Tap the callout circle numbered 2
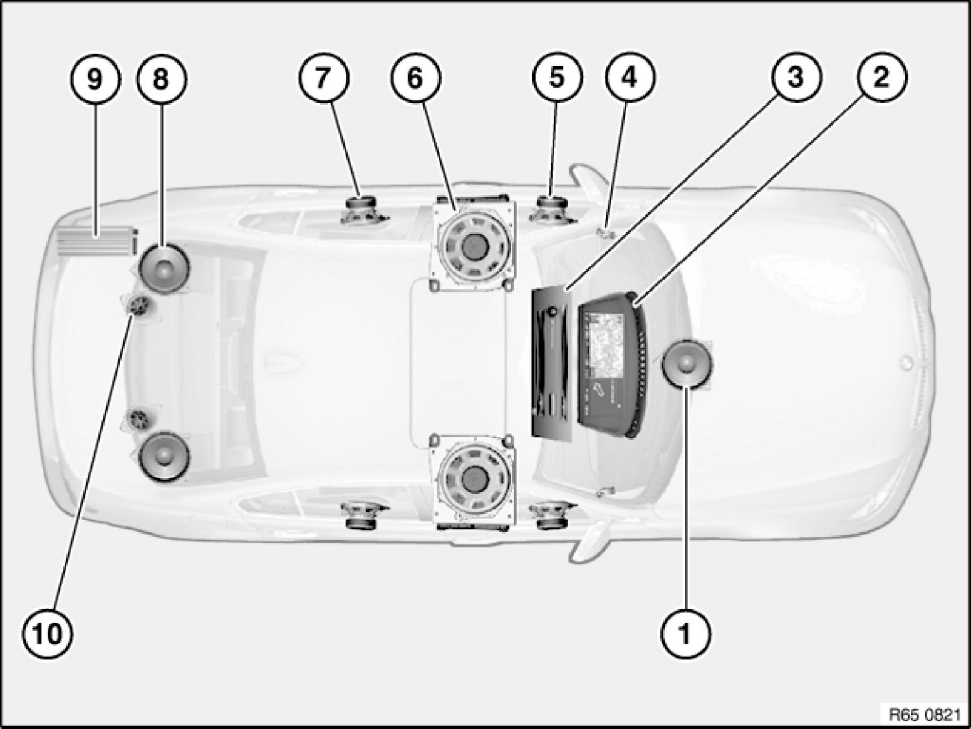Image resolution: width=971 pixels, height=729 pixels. [881, 78]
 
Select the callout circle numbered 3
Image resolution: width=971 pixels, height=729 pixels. [796, 78]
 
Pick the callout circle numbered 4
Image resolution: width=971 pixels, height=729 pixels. [630, 78]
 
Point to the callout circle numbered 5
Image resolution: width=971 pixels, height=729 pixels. [557, 78]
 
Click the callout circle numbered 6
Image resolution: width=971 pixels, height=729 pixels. [415, 78]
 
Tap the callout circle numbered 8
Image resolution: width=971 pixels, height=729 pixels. [162, 79]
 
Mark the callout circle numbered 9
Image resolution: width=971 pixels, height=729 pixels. [95, 79]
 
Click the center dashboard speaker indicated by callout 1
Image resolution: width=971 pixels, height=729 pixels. [687, 364]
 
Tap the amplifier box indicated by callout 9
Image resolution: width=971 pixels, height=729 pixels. [97, 241]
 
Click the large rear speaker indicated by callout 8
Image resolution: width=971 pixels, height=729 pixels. [164, 267]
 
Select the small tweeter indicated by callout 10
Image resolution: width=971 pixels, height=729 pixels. [138, 305]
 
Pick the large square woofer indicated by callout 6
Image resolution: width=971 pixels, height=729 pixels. [474, 246]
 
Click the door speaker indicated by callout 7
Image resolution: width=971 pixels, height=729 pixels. [363, 210]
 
